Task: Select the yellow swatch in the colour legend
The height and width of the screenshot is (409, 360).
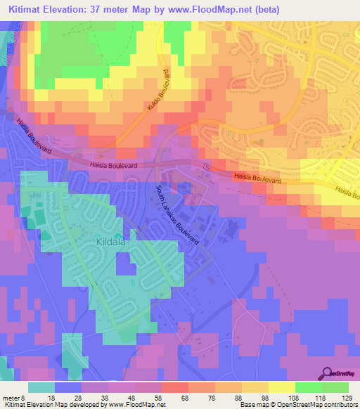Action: pos(281,387)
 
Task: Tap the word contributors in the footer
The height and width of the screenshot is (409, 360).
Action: pos(336,405)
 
